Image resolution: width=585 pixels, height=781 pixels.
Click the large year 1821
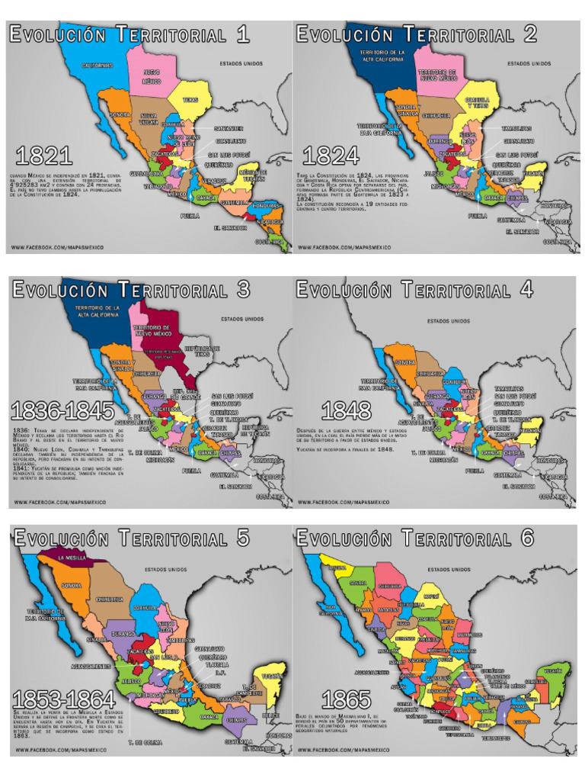(43, 156)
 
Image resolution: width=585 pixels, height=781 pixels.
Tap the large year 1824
(331, 156)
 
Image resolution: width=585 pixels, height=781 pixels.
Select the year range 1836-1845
(62, 412)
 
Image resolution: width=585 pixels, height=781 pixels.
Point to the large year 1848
(346, 412)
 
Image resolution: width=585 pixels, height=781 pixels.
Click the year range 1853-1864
(63, 698)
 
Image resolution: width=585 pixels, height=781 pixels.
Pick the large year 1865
(346, 699)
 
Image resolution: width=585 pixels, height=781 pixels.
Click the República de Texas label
(199, 350)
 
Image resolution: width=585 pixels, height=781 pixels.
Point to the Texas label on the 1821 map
(190, 99)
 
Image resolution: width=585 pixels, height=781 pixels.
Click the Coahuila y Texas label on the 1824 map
(477, 103)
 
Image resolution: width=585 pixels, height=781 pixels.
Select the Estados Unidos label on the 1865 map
(448, 569)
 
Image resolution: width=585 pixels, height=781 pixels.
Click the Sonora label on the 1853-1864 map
(71, 586)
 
